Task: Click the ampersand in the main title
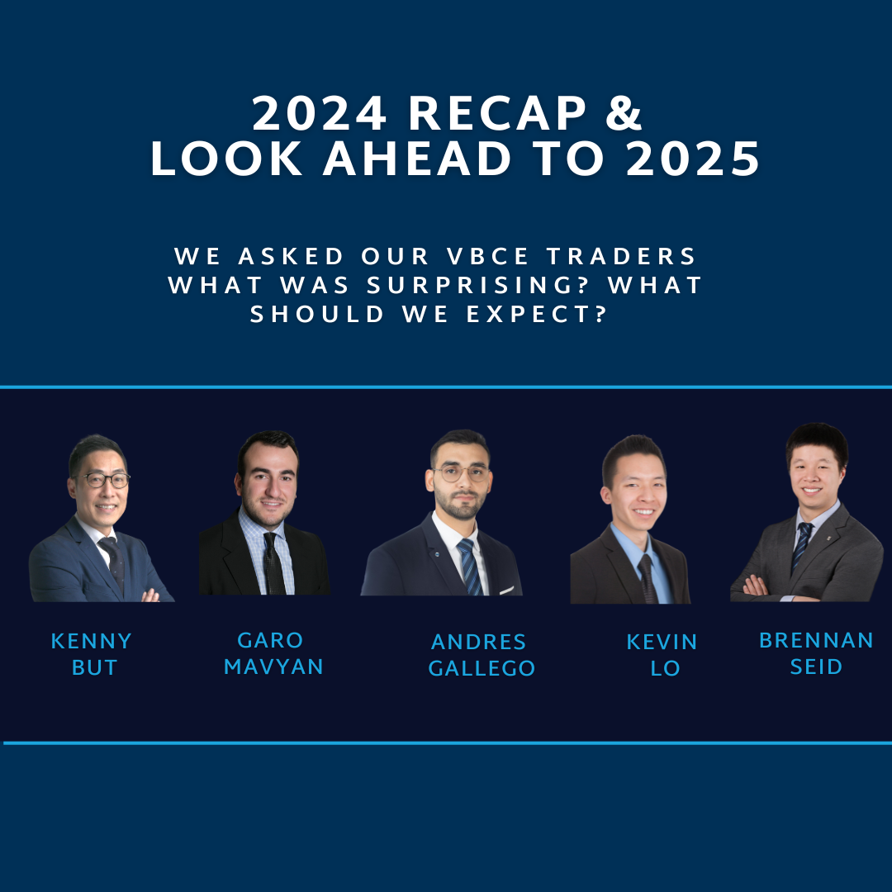[x=624, y=112]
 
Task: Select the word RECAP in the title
[x=497, y=112]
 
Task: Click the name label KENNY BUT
[x=92, y=653]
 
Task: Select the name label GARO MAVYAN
[x=273, y=653]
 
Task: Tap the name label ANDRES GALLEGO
[x=482, y=655]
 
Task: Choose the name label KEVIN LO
[x=662, y=655]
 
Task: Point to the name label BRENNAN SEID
[x=816, y=653]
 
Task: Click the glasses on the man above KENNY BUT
[x=103, y=480]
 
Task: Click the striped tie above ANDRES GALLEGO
[x=470, y=567]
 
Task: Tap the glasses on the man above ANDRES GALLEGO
[x=461, y=473]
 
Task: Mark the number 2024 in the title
[x=320, y=112]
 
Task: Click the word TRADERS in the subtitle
[x=622, y=256]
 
